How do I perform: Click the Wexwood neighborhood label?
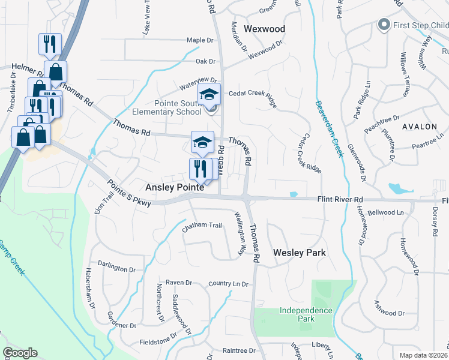(264, 28)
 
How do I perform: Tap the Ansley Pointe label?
(174, 188)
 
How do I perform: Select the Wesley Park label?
(300, 253)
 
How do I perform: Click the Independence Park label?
(306, 314)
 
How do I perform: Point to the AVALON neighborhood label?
(420, 127)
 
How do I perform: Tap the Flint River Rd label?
(340, 199)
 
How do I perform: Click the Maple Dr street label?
(200, 40)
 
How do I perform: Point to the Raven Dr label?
(178, 283)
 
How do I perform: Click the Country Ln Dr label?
(229, 283)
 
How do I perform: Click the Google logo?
(20, 353)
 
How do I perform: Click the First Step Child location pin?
(383, 25)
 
